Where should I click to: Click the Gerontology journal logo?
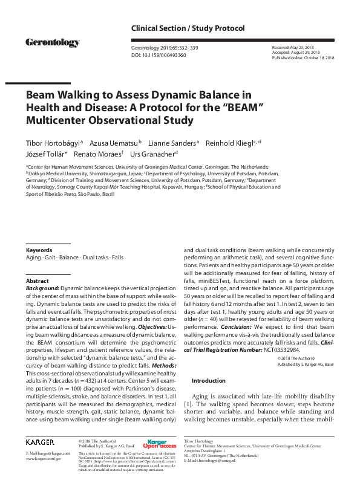pos(52,42)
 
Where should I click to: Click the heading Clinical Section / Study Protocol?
pos(188,28)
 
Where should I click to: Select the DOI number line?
pos(159,55)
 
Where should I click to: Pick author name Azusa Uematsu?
pos(114,143)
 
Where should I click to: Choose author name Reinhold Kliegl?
pos(235,143)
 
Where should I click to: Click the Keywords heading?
pos(38,250)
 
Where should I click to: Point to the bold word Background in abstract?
pos(42,290)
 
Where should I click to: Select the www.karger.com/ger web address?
pos(44,459)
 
